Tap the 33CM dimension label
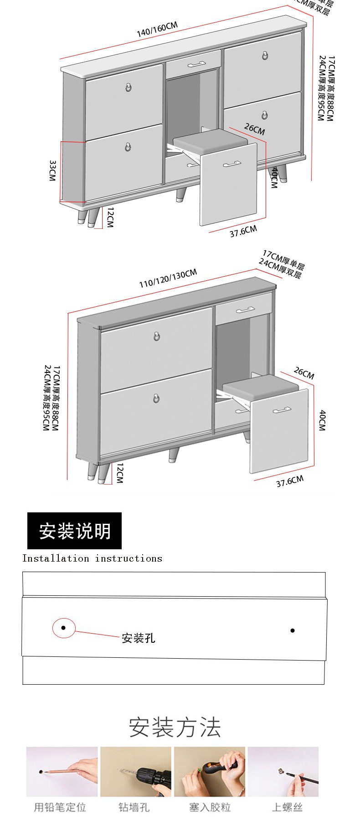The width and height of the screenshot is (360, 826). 52,170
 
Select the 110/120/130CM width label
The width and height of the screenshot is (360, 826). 168,278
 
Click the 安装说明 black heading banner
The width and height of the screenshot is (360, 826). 74,531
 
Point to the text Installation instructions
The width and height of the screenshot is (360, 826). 92,558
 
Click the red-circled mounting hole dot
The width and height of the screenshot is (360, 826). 63,628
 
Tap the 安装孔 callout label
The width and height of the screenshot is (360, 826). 138,638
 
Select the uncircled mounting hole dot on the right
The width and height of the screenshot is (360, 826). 293,630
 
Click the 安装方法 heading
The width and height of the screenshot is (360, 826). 175,727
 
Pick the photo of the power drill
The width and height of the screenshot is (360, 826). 136,771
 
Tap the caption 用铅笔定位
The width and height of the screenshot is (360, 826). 60,807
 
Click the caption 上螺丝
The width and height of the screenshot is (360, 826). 287,807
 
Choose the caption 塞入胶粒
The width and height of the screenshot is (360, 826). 210,807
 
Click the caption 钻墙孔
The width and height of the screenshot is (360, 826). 134,807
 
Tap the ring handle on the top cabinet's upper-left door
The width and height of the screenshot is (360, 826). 129,87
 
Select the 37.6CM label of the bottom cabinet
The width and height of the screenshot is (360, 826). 289,481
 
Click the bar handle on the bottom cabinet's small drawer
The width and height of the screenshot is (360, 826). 245,310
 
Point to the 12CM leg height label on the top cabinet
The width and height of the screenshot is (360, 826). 110,217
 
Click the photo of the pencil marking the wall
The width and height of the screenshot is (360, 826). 62,771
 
